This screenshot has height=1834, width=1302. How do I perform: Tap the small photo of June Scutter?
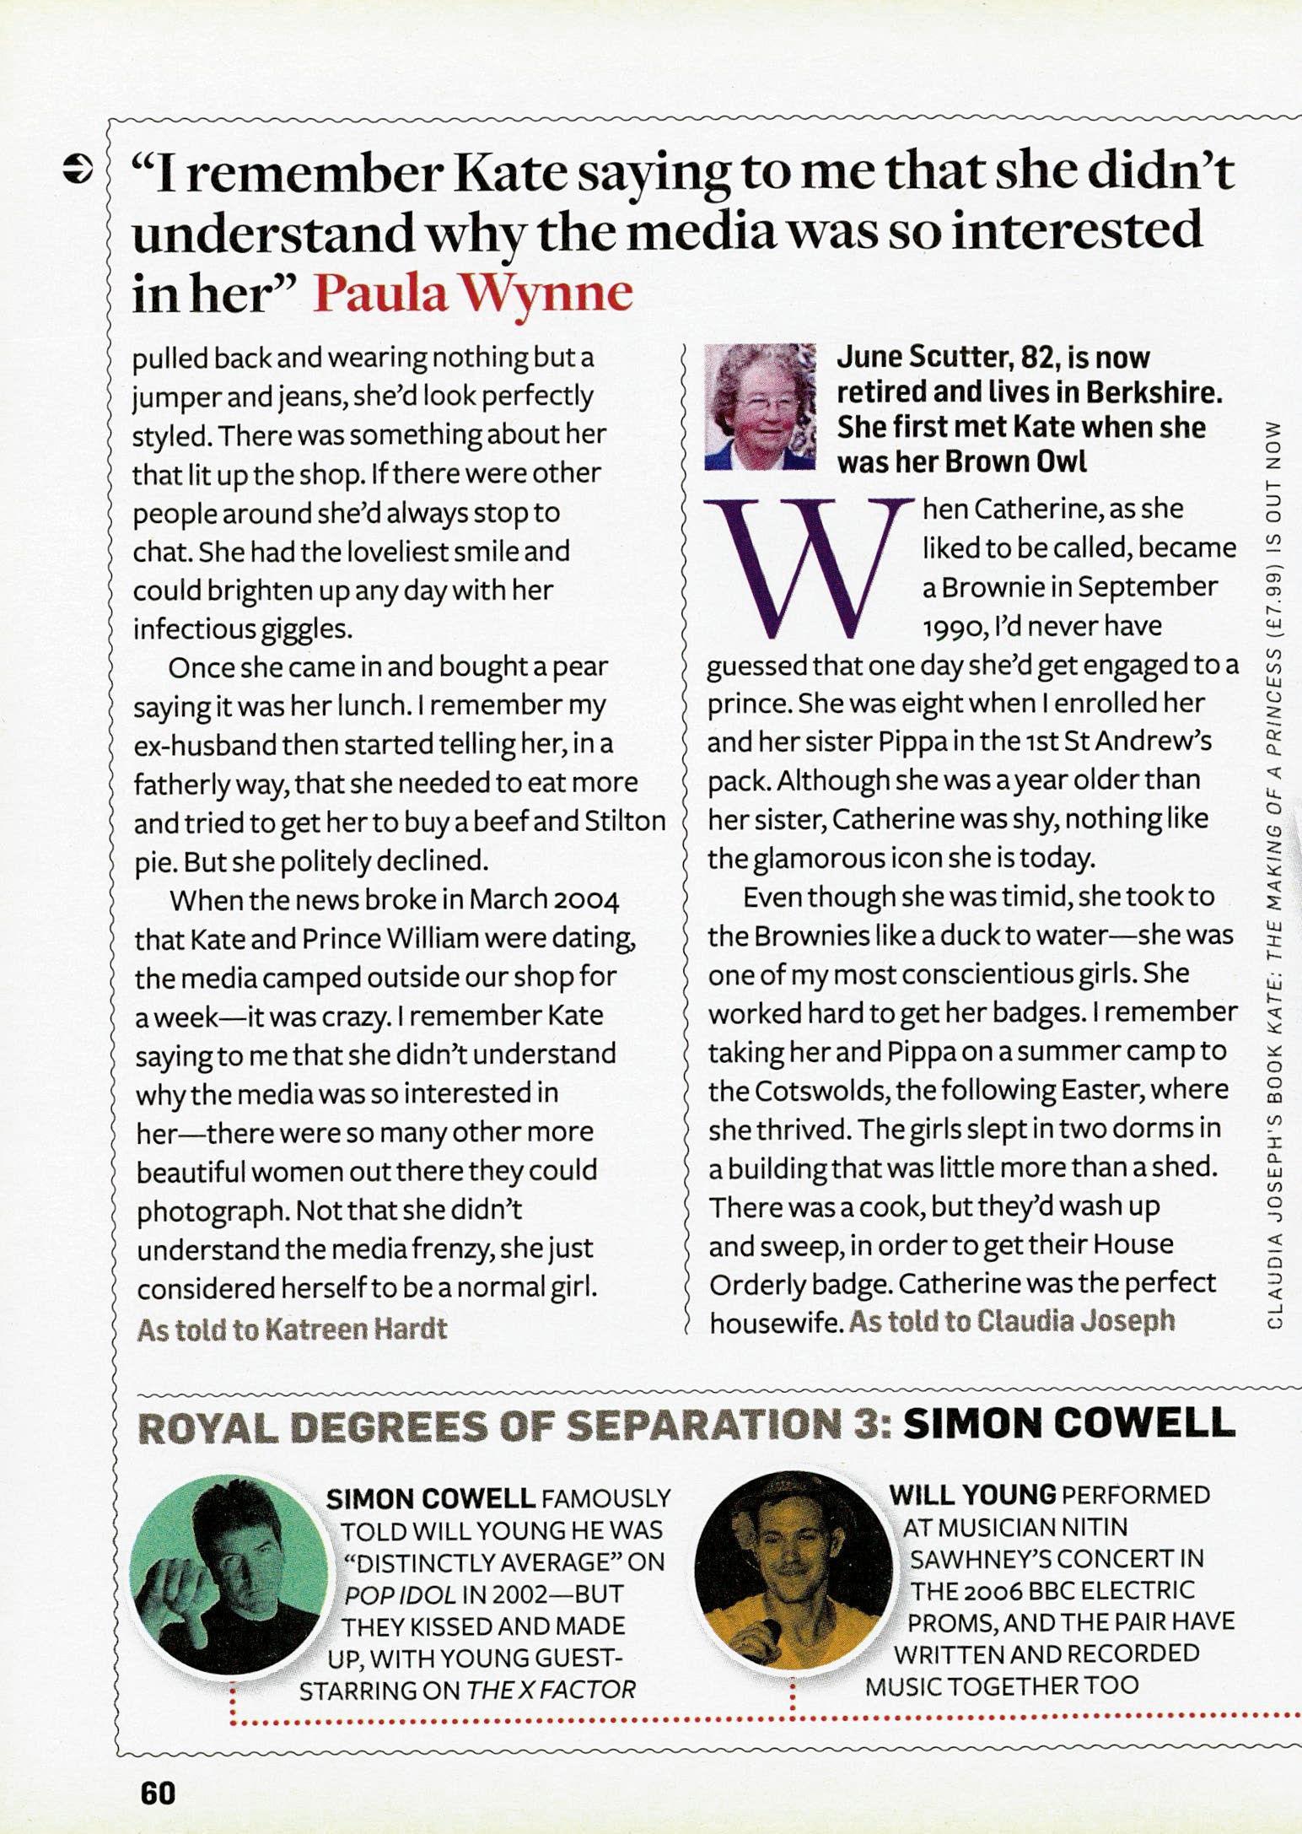click(761, 407)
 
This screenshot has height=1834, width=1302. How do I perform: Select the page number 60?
click(157, 1792)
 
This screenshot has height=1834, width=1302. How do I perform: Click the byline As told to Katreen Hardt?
click(291, 1330)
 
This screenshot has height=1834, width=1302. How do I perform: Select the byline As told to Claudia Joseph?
click(1012, 1320)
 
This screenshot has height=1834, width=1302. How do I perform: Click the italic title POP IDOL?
click(388, 1594)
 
